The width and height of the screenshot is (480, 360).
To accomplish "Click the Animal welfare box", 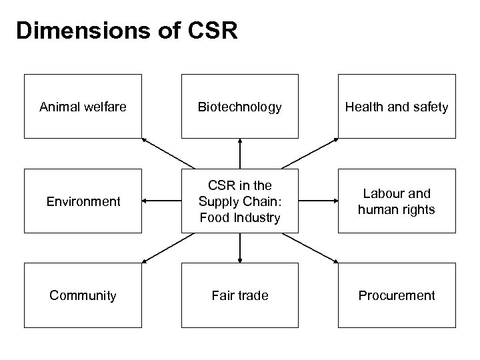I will click(x=83, y=107).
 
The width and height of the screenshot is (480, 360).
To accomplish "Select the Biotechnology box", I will click(x=239, y=107).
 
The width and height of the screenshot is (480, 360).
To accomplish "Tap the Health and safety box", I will click(x=396, y=107).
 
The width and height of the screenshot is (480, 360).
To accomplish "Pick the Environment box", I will click(x=83, y=201).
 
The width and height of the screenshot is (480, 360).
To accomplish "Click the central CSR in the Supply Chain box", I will click(x=239, y=201).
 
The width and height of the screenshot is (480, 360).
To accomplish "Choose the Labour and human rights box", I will click(x=396, y=201).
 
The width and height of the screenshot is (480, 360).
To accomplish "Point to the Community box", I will click(x=83, y=295).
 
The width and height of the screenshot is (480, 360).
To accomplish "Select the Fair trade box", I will click(x=239, y=295).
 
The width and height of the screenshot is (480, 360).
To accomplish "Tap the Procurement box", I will click(x=396, y=295).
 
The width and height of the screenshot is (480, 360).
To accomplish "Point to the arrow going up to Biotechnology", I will click(x=239, y=153).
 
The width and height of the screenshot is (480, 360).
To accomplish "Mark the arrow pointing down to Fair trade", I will click(x=239, y=248).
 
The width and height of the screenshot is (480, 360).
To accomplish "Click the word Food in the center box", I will click(x=212, y=217).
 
